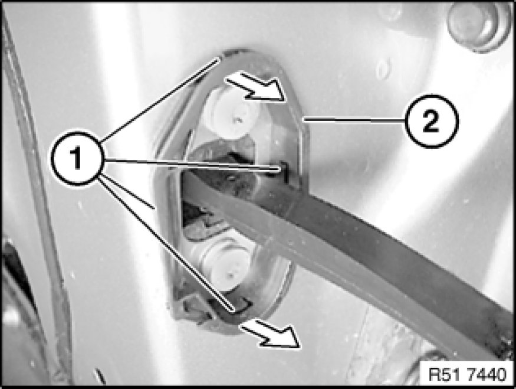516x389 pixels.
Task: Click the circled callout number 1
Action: point(77,158)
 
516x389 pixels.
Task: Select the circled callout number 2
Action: point(430,121)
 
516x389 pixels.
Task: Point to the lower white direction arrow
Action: point(271,333)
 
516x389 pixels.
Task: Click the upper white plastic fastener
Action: point(231,114)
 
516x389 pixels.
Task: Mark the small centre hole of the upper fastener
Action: point(238,120)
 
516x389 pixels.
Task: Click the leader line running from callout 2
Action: point(354,120)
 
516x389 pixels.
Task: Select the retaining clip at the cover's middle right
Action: point(283,172)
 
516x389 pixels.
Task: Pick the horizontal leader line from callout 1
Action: point(192,164)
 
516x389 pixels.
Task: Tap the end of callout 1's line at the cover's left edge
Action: point(154,208)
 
